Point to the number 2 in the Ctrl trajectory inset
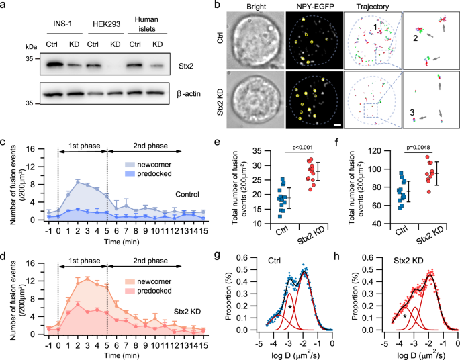pos(415,40)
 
